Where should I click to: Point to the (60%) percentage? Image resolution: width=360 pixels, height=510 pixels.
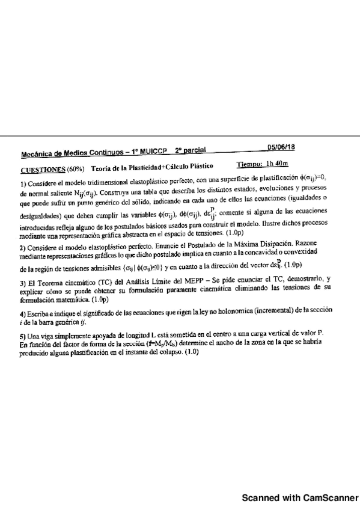click(x=76, y=168)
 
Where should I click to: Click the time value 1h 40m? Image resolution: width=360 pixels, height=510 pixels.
click(x=277, y=164)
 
